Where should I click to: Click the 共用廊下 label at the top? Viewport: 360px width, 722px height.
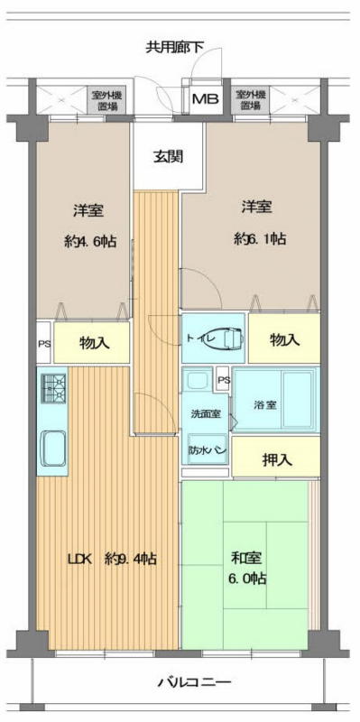click(174, 47)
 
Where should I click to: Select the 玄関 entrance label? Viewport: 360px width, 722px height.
click(168, 157)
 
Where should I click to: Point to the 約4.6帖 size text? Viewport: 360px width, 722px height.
click(89, 241)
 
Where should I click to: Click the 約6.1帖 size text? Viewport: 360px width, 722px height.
click(260, 239)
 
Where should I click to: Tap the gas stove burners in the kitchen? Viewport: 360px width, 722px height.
click(54, 387)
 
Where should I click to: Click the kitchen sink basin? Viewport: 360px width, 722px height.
click(54, 449)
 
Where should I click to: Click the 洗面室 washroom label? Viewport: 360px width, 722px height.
click(206, 413)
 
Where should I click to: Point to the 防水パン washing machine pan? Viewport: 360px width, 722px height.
click(207, 449)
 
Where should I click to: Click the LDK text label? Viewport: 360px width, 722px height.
click(80, 560)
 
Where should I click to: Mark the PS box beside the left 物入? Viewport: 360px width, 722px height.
click(44, 343)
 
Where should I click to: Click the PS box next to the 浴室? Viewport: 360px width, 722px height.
click(223, 380)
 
